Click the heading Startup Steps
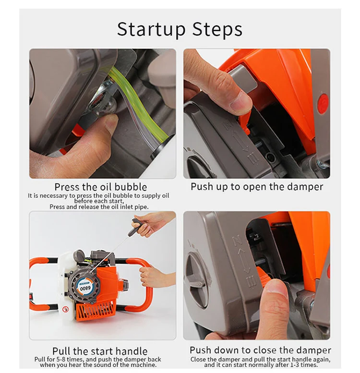[180, 29]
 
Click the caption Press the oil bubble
[101, 187]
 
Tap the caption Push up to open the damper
[257, 187]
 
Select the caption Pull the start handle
[100, 351]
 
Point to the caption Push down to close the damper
[260, 350]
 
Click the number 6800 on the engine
[85, 289]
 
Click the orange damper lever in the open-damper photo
[245, 122]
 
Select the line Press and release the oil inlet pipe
[99, 207]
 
